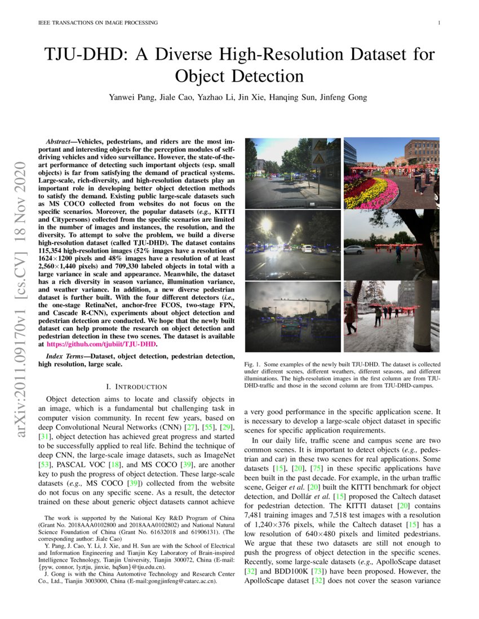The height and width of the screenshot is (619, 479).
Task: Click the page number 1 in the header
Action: coord(438,23)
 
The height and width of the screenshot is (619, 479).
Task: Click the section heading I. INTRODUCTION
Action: coord(136,387)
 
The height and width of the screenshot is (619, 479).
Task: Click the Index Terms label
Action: coord(66,356)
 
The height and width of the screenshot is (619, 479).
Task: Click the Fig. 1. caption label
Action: coord(253,364)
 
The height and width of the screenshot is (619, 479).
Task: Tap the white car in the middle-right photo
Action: coord(354,249)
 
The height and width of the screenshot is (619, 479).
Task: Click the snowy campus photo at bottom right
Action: coord(391,316)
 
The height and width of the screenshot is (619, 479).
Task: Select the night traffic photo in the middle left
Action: coord(292,244)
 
